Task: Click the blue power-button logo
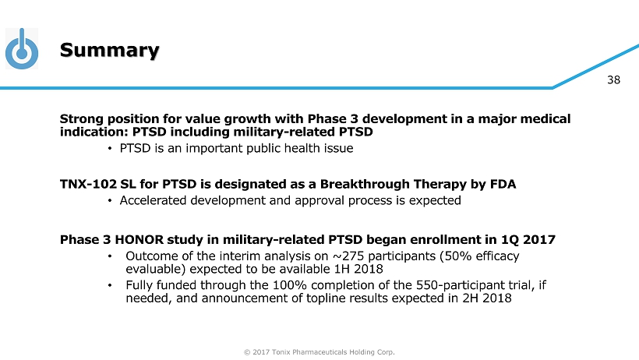22,49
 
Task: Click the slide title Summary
109,51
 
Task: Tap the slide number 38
613,80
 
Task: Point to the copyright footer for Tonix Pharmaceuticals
319,352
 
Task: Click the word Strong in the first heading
82,119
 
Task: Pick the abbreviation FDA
503,184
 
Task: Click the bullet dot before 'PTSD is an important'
110,148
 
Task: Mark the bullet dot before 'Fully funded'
110,285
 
